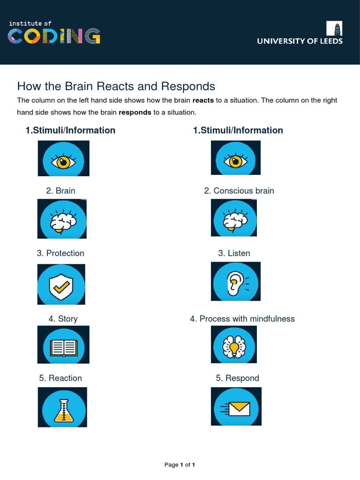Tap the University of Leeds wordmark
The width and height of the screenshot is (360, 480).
pos(300,41)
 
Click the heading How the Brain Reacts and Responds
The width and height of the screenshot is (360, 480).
pos(116,86)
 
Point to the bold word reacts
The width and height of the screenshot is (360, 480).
pos(203,100)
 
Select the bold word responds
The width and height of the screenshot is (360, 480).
pos(135,112)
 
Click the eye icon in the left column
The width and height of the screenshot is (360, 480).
pos(63,158)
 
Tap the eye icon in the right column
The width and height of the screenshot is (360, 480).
pos(235,158)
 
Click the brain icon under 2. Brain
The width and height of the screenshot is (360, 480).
pos(62,219)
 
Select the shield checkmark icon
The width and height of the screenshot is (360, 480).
pos(61,285)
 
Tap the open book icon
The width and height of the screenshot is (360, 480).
pos(63,345)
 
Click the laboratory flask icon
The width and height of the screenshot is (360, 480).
pos(62,407)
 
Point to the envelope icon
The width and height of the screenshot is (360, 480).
pos(236,406)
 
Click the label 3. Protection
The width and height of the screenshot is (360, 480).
pos(60,253)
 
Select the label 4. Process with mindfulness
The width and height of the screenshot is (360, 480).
pos(242,319)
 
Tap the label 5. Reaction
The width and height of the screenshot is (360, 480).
pos(61,378)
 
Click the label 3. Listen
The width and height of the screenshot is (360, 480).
pos(234,253)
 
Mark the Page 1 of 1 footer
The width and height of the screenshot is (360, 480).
pos(180,465)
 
